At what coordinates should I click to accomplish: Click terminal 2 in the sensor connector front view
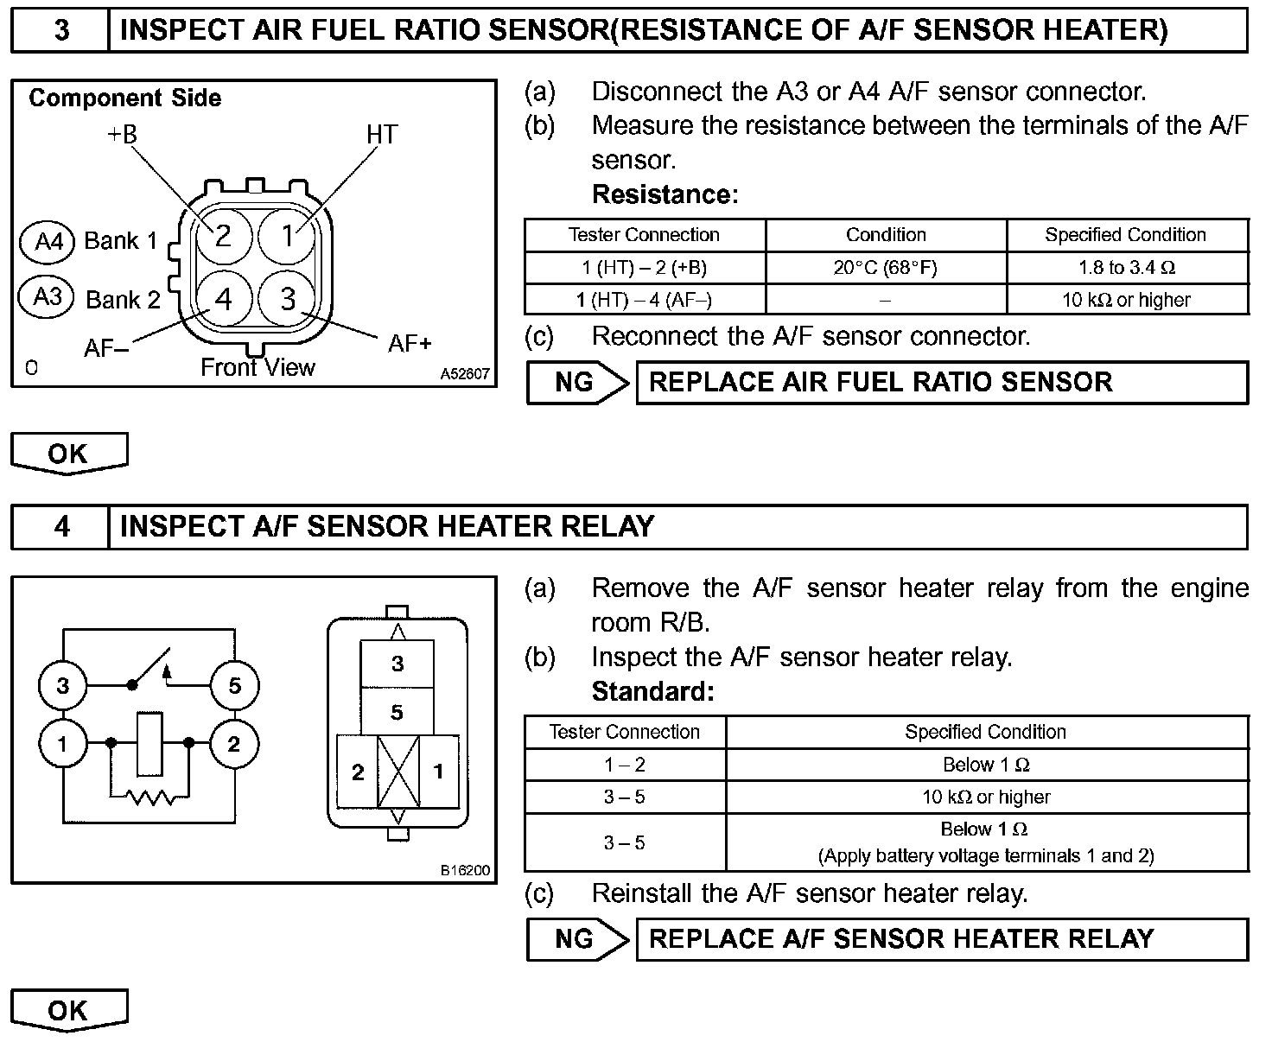pos(223,235)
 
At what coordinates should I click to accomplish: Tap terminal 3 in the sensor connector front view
pos(288,299)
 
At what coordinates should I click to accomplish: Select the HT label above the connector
pos(381,135)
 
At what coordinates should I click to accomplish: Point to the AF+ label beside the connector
pos(410,344)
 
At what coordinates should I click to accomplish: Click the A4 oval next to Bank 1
pos(48,241)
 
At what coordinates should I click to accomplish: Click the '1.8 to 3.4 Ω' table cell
pos(1127,268)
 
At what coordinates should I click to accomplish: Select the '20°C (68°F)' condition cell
pos(885,268)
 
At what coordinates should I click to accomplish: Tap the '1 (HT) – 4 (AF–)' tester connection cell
pos(645,300)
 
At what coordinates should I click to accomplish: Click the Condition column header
pos(885,235)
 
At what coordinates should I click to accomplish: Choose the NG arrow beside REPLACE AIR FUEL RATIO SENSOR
pos(578,383)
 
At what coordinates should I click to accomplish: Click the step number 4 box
pos(61,526)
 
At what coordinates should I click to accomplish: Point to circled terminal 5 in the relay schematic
pos(234,686)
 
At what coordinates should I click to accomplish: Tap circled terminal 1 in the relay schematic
pos(62,743)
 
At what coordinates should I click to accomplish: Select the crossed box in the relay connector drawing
pos(397,772)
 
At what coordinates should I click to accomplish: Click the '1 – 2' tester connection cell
pos(624,765)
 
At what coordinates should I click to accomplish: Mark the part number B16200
pos(465,870)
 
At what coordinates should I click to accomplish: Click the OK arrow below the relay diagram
pos(69,1010)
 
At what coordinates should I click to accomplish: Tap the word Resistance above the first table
pos(664,195)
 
